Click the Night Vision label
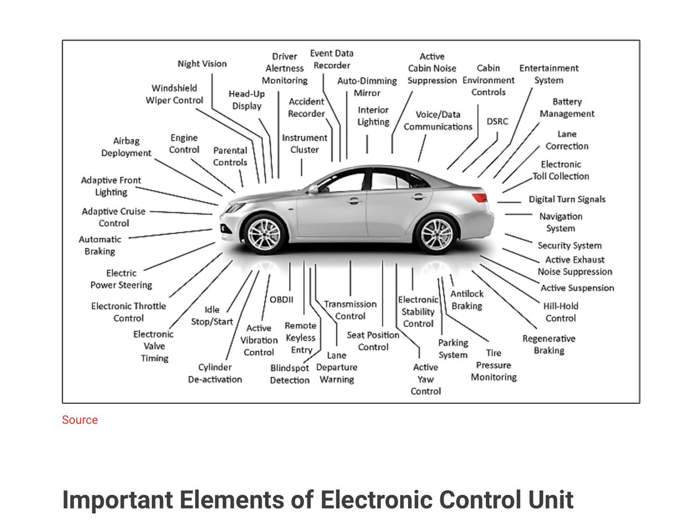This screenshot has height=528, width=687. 202,64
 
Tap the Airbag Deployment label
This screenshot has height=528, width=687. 126,147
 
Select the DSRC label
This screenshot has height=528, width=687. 497,121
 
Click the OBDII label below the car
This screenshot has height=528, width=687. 281,300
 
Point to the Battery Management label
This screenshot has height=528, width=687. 567,108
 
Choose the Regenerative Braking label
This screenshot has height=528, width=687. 548,344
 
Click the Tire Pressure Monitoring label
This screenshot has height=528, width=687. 493,365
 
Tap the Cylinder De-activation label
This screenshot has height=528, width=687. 215,373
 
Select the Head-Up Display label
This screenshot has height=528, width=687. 247,100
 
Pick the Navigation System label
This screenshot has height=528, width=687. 560,222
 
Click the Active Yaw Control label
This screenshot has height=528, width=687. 425,379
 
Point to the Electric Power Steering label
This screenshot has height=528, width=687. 121,279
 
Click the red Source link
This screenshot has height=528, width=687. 80,420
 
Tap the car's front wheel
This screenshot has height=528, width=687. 264,234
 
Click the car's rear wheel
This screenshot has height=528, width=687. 437,234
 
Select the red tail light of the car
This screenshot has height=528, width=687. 479,198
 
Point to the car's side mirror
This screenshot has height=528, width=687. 313,189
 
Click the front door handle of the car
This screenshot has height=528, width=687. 354,200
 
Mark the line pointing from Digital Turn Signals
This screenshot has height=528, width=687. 509,202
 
